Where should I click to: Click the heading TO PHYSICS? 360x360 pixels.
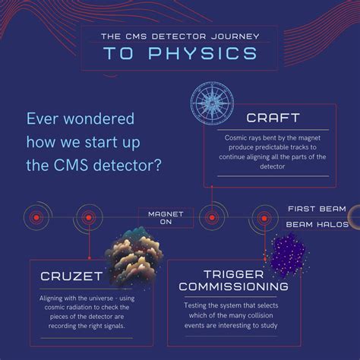pyautogui.click(x=179, y=54)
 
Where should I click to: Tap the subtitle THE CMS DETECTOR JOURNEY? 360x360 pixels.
pyautogui.click(x=179, y=35)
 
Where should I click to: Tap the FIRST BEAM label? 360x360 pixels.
pyautogui.click(x=317, y=208)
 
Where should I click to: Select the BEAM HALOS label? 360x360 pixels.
pyautogui.click(x=317, y=225)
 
